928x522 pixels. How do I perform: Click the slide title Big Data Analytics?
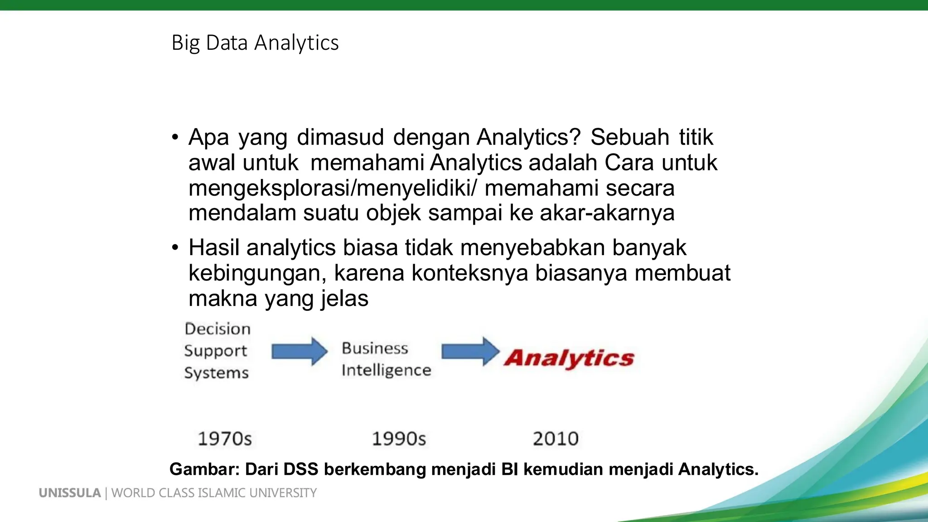point(255,43)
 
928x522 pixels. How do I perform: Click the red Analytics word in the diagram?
point(569,358)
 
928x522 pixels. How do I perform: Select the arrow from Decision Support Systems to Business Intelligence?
point(299,351)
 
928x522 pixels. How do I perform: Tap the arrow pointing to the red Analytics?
point(470,351)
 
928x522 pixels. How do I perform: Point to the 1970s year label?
point(225,439)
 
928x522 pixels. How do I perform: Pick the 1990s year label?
point(399,439)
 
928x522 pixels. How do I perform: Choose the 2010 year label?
point(556,439)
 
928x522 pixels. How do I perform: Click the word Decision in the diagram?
point(217,329)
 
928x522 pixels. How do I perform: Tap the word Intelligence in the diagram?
point(386,371)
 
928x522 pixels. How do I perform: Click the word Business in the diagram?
point(375,348)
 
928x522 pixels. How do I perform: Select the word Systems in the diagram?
point(216,373)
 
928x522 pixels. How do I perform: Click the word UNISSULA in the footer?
point(70,493)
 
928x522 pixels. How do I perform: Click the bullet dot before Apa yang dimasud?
point(175,137)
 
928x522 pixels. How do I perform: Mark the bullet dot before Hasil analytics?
point(175,248)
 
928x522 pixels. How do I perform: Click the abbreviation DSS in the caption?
point(301,469)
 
